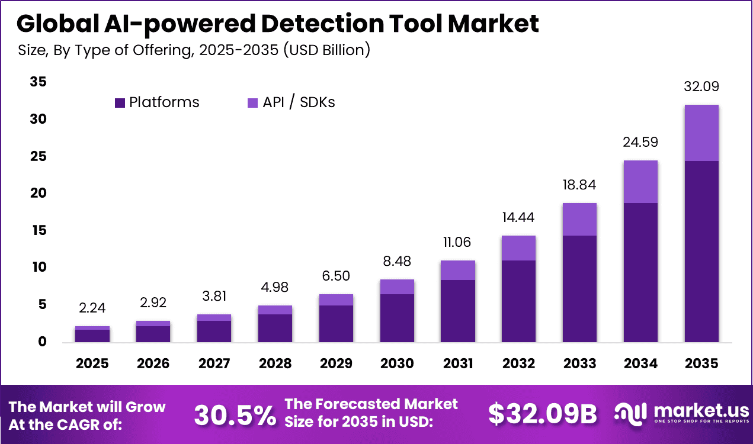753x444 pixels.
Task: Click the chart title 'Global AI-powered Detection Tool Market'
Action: pyautogui.click(x=278, y=24)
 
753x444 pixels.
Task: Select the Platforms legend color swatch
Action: pyautogui.click(x=120, y=102)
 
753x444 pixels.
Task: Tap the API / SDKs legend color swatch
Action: pyautogui.click(x=252, y=102)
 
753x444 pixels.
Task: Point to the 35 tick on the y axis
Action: pyautogui.click(x=38, y=82)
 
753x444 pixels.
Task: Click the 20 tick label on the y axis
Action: pyautogui.click(x=38, y=194)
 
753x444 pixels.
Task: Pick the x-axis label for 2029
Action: pyautogui.click(x=336, y=363)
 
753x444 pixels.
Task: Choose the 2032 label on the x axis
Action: pyautogui.click(x=518, y=363)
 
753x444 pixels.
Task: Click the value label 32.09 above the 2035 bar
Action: pyautogui.click(x=701, y=86)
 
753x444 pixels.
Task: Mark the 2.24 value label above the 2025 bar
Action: pyautogui.click(x=92, y=308)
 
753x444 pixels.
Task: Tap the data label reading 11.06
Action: pyautogui.click(x=457, y=242)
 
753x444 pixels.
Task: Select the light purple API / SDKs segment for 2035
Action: pyautogui.click(x=701, y=133)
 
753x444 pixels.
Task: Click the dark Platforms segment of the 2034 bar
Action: pyautogui.click(x=640, y=272)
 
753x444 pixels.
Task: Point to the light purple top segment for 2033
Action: pyautogui.click(x=579, y=219)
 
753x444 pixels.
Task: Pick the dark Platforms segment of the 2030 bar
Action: pyautogui.click(x=397, y=318)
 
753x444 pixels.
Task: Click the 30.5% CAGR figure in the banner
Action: pyautogui.click(x=235, y=415)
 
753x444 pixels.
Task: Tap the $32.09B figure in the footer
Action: pyautogui.click(x=542, y=415)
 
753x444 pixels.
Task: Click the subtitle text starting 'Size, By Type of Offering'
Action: pyautogui.click(x=194, y=50)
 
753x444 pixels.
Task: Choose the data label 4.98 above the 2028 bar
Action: pyautogui.click(x=275, y=288)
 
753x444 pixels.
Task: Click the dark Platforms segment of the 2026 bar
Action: pyautogui.click(x=153, y=334)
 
